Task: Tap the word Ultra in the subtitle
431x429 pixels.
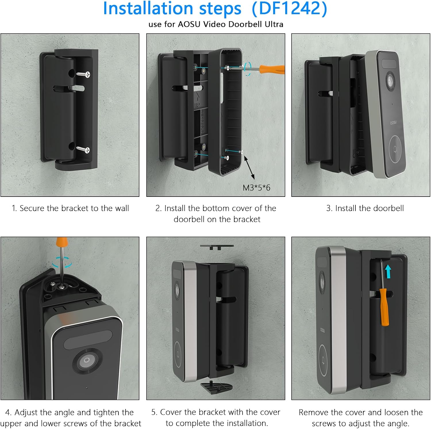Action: pyautogui.click(x=274, y=24)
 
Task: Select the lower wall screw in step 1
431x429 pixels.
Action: pyautogui.click(x=84, y=149)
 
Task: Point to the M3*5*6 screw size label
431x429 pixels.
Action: pyautogui.click(x=256, y=188)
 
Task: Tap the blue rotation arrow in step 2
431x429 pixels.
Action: pyautogui.click(x=247, y=69)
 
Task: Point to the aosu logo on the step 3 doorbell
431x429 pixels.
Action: pyautogui.click(x=393, y=122)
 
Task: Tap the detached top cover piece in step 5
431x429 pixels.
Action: pyautogui.click(x=217, y=247)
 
